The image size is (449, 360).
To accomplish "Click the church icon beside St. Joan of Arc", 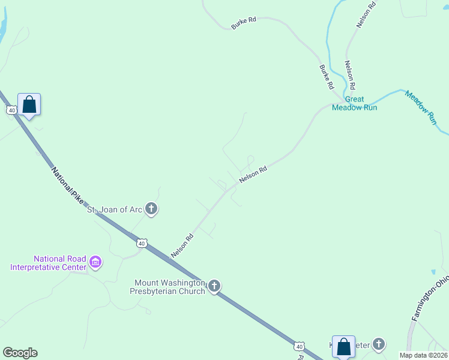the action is [x=151, y=209].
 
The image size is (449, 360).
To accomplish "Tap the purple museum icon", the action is [x=95, y=262].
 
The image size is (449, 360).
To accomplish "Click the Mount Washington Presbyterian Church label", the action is [x=170, y=287].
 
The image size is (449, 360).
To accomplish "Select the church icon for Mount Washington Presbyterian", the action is [x=214, y=286].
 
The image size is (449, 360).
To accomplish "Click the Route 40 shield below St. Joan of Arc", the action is [x=141, y=243].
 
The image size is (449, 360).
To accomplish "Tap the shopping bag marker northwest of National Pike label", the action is [x=29, y=104].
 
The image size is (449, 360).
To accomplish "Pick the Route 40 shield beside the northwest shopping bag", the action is [x=11, y=110].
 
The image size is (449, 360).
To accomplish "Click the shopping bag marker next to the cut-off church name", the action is [x=343, y=346].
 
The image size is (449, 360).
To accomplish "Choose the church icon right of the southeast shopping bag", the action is [x=378, y=344].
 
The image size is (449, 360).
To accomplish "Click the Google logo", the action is [x=20, y=353].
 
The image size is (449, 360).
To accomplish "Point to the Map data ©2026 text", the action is [x=423, y=355].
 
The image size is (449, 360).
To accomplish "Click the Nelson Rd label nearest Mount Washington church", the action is [x=182, y=246].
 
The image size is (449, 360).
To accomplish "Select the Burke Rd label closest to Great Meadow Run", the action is [x=326, y=77].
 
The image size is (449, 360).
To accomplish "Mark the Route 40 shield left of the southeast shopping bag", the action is [x=300, y=346].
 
